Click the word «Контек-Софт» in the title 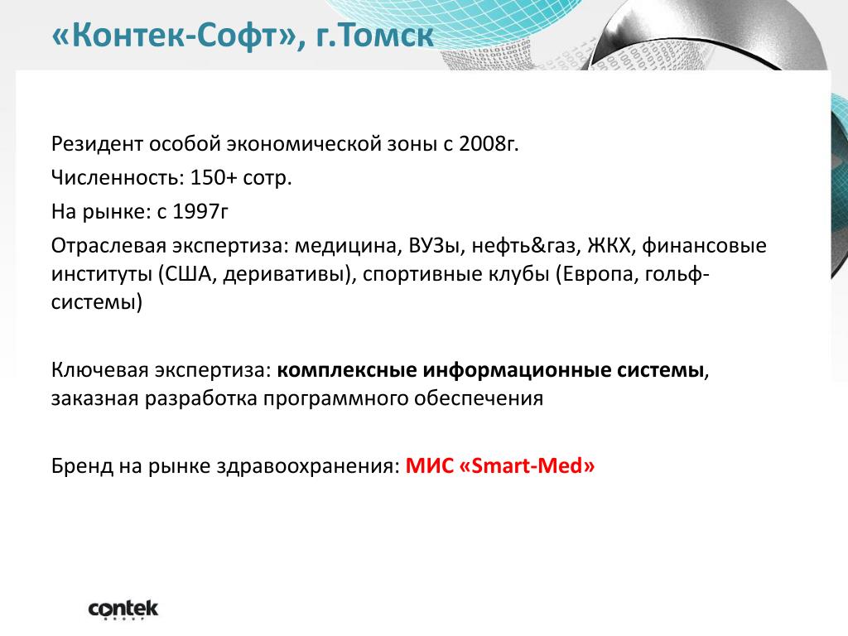coord(174,35)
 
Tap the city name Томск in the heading coord(387,35)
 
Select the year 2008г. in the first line coord(489,144)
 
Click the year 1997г coord(200,211)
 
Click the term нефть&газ coord(524,246)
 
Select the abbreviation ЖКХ coord(609,246)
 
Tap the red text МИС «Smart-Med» coord(500,465)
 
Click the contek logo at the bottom coord(123,609)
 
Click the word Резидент coord(98,144)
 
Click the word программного coord(336,399)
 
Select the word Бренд coord(82,465)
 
